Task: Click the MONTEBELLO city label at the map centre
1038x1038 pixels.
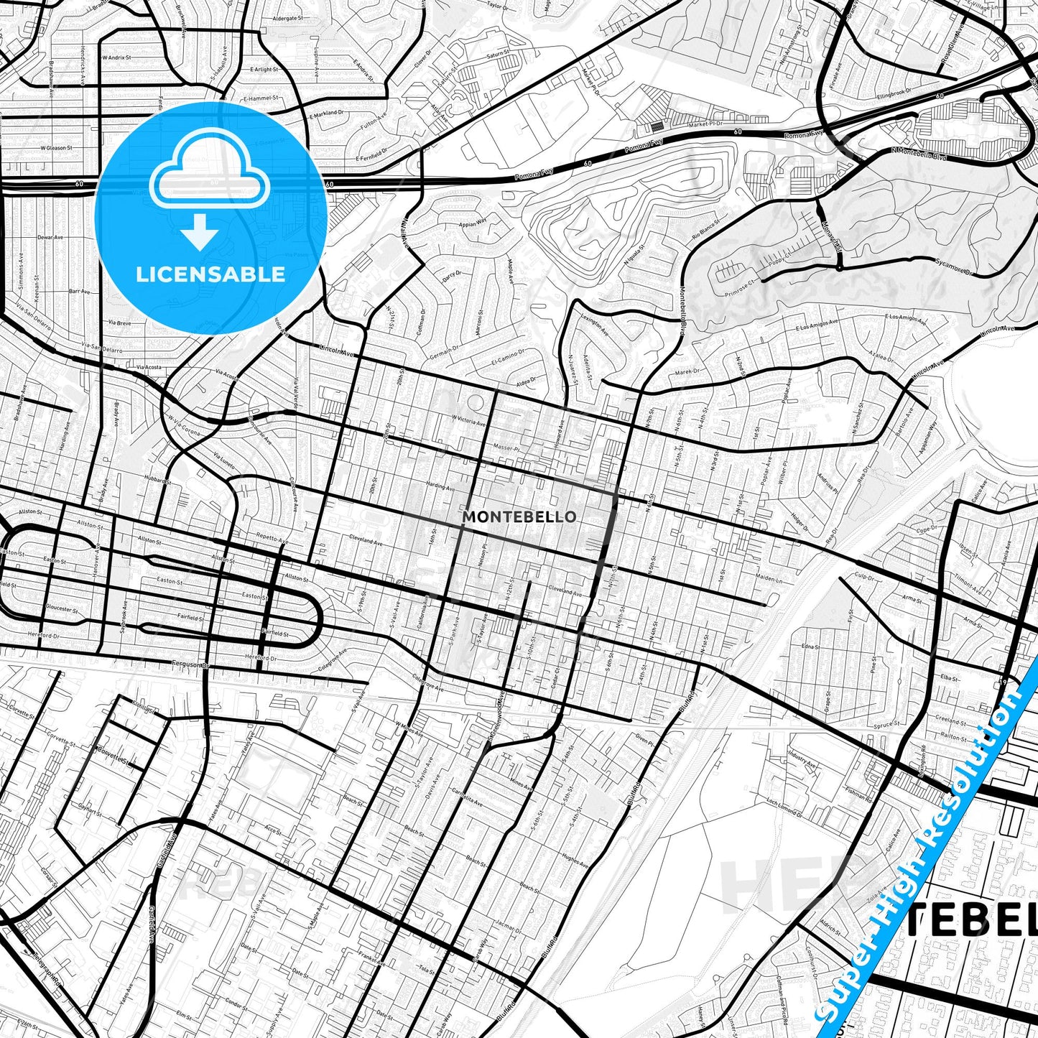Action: pos(519,516)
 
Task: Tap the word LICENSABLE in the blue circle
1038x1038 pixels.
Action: pos(210,274)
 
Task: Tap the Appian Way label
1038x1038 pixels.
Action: pos(472,223)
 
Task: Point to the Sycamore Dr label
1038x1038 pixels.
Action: pos(953,267)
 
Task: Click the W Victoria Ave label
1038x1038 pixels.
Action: pos(468,420)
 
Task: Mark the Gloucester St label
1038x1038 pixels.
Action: pos(61,608)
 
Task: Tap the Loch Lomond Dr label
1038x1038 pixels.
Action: pos(783,806)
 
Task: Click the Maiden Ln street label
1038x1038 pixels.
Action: pos(769,579)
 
